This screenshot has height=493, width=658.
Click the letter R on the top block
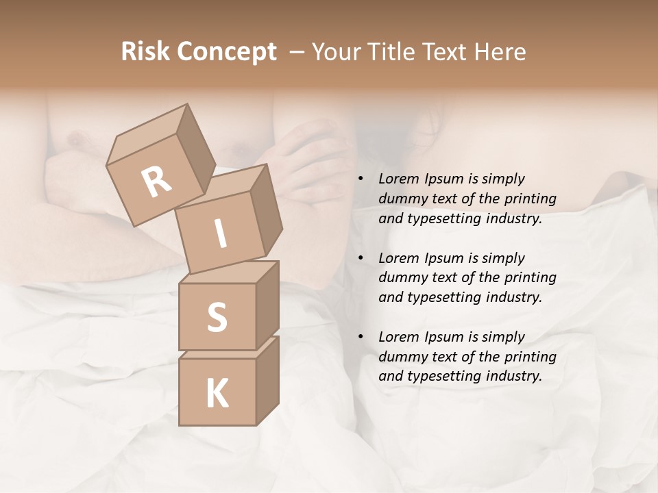point(156,181)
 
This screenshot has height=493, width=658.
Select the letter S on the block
point(217,317)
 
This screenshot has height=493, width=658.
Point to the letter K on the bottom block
point(217,394)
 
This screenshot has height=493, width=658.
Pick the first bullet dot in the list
point(361,179)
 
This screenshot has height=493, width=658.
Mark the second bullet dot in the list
point(361,258)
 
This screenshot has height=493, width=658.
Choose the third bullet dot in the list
point(361,337)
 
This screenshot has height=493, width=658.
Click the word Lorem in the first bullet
point(398,179)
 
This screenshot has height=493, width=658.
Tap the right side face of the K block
point(267,380)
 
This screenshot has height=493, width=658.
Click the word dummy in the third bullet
point(402,357)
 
